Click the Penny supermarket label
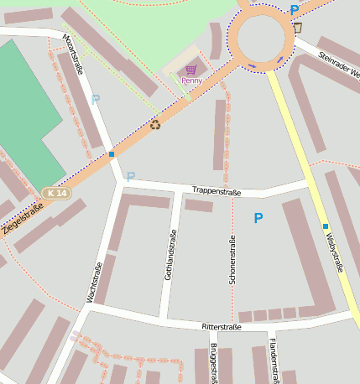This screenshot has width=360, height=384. tap(191, 80)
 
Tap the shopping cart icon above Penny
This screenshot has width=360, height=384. tap(191, 70)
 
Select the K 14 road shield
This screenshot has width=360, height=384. tap(57, 193)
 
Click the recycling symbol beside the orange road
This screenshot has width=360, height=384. tap(154, 125)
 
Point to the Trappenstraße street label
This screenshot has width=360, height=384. tap(216, 192)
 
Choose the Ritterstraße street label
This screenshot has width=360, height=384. tap(222, 326)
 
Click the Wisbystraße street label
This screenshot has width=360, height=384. tap(336, 252)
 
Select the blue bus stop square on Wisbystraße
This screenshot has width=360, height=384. tap(325, 226)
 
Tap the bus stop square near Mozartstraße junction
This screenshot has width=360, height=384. tap(112, 154)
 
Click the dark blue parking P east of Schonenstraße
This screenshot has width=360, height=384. tap(258, 218)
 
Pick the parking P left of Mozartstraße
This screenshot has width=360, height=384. tap(95, 99)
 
